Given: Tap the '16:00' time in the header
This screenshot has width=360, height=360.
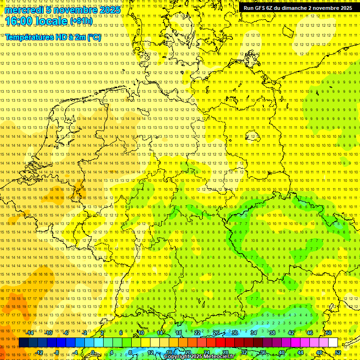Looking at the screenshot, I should coord(19,21).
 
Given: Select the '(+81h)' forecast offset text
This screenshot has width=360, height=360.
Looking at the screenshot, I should coord(81,21).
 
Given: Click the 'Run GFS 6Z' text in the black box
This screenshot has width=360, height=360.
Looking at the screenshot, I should coord(259,8).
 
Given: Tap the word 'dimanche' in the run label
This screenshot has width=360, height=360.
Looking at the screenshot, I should coord(296,8).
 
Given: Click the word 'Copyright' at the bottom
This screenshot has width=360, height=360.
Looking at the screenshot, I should coord(177,357).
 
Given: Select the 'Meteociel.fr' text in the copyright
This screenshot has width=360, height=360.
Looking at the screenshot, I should coord(219,357).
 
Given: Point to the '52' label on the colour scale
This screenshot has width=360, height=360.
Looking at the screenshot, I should coord(338,352).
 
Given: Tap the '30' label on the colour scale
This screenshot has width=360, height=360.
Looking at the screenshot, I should coord(235,333).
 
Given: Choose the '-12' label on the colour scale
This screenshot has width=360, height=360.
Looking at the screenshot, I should coord(39,352).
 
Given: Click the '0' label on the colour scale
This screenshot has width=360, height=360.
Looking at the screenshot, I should coord(93,352).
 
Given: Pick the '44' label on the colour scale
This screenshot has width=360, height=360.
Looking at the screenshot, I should coord(300,352).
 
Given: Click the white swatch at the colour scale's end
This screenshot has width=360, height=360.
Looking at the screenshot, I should coord(333,343).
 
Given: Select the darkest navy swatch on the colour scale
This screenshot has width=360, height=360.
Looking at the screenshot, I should coord(23,343).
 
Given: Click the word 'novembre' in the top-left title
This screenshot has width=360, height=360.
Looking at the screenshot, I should coord(75,10).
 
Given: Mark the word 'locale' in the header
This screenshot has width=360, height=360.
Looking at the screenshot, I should coord(51,21).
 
